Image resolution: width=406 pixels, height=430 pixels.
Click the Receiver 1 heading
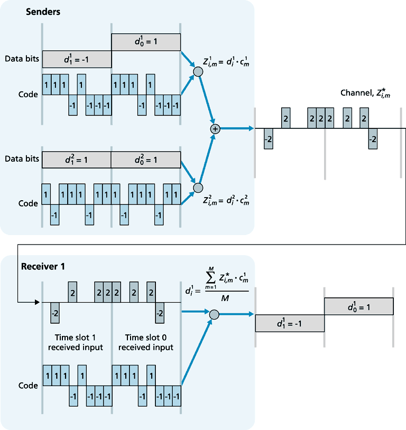pyautogui.click(x=43, y=266)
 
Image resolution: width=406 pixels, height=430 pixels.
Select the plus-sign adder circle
pyautogui.click(x=215, y=128)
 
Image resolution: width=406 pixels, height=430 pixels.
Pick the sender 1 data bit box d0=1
pyautogui.click(x=146, y=42)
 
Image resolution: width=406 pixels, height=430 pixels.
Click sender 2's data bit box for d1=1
pyautogui.click(x=77, y=159)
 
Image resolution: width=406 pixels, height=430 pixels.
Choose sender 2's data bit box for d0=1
pyautogui.click(x=146, y=159)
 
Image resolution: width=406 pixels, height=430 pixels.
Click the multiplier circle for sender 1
pyautogui.click(x=198, y=71)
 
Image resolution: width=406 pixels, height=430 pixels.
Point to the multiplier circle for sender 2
pyautogui.click(x=198, y=188)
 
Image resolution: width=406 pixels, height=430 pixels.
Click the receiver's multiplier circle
pyautogui.click(x=214, y=315)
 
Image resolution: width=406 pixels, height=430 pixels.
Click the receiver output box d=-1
pyautogui.click(x=290, y=323)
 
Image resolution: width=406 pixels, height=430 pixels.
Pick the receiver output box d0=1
pyautogui.click(x=358, y=306)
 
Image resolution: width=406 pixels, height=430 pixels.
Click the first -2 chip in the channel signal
pyautogui.click(x=268, y=138)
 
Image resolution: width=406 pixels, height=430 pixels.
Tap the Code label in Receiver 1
pyautogui.click(x=29, y=386)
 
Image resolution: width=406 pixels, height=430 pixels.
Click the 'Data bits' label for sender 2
pyautogui.click(x=22, y=158)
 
